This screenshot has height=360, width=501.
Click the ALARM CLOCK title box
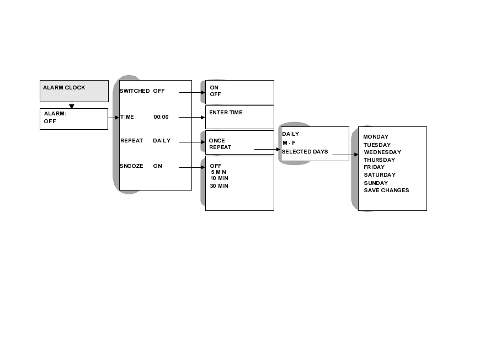pos(74,91)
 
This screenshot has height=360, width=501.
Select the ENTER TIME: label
pos(226,113)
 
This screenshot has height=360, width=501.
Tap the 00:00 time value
pos(161,117)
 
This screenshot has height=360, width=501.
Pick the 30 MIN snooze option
pos(219,186)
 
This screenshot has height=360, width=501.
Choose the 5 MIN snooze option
pos(218,172)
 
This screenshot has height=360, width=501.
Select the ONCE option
pos(217,141)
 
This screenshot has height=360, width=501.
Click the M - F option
pos(289,143)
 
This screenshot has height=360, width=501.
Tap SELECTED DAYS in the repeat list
pos(305,152)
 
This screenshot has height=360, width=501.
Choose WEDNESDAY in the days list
pos(382,152)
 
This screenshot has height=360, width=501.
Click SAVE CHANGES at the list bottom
pos(386,190)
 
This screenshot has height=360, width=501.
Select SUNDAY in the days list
pos(376,183)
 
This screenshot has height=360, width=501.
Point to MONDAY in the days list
pos(376,137)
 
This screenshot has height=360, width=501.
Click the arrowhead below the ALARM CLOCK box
pos(72,106)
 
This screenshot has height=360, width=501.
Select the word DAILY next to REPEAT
pos(162,141)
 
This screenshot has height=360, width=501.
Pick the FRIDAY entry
pos(374,167)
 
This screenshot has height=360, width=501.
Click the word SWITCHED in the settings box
pos(135,91)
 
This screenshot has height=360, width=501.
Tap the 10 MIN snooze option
pos(219,178)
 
